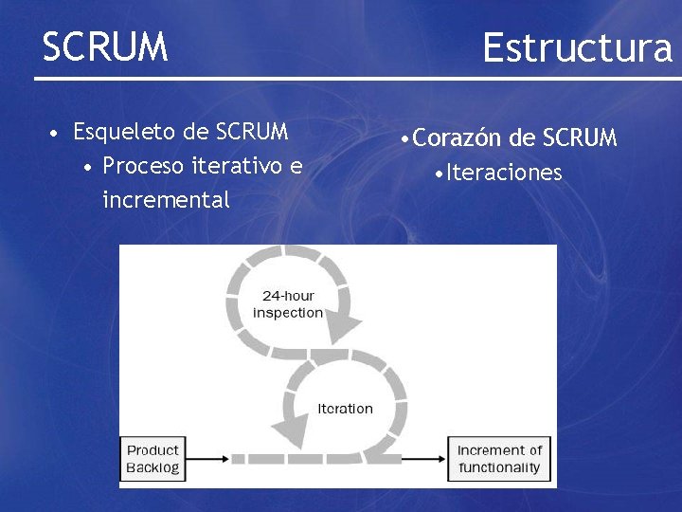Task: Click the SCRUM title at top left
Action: pos(104,46)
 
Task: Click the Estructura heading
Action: pos(577,46)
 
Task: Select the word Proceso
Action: pos(144,166)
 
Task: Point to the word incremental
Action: pos(166,200)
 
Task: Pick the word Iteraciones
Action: pos(505,173)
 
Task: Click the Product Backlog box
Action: pos(153,458)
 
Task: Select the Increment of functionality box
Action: pos(499,458)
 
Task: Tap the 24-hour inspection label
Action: pos(288,304)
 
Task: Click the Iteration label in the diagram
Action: pos(345,409)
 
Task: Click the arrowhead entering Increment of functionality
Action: pos(441,459)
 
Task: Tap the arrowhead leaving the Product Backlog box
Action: pos(224,459)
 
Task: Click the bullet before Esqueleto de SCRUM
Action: pos(57,131)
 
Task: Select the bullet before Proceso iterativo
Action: pos(87,167)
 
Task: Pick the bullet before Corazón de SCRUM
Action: pos(404,139)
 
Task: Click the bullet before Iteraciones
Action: pos(437,174)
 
